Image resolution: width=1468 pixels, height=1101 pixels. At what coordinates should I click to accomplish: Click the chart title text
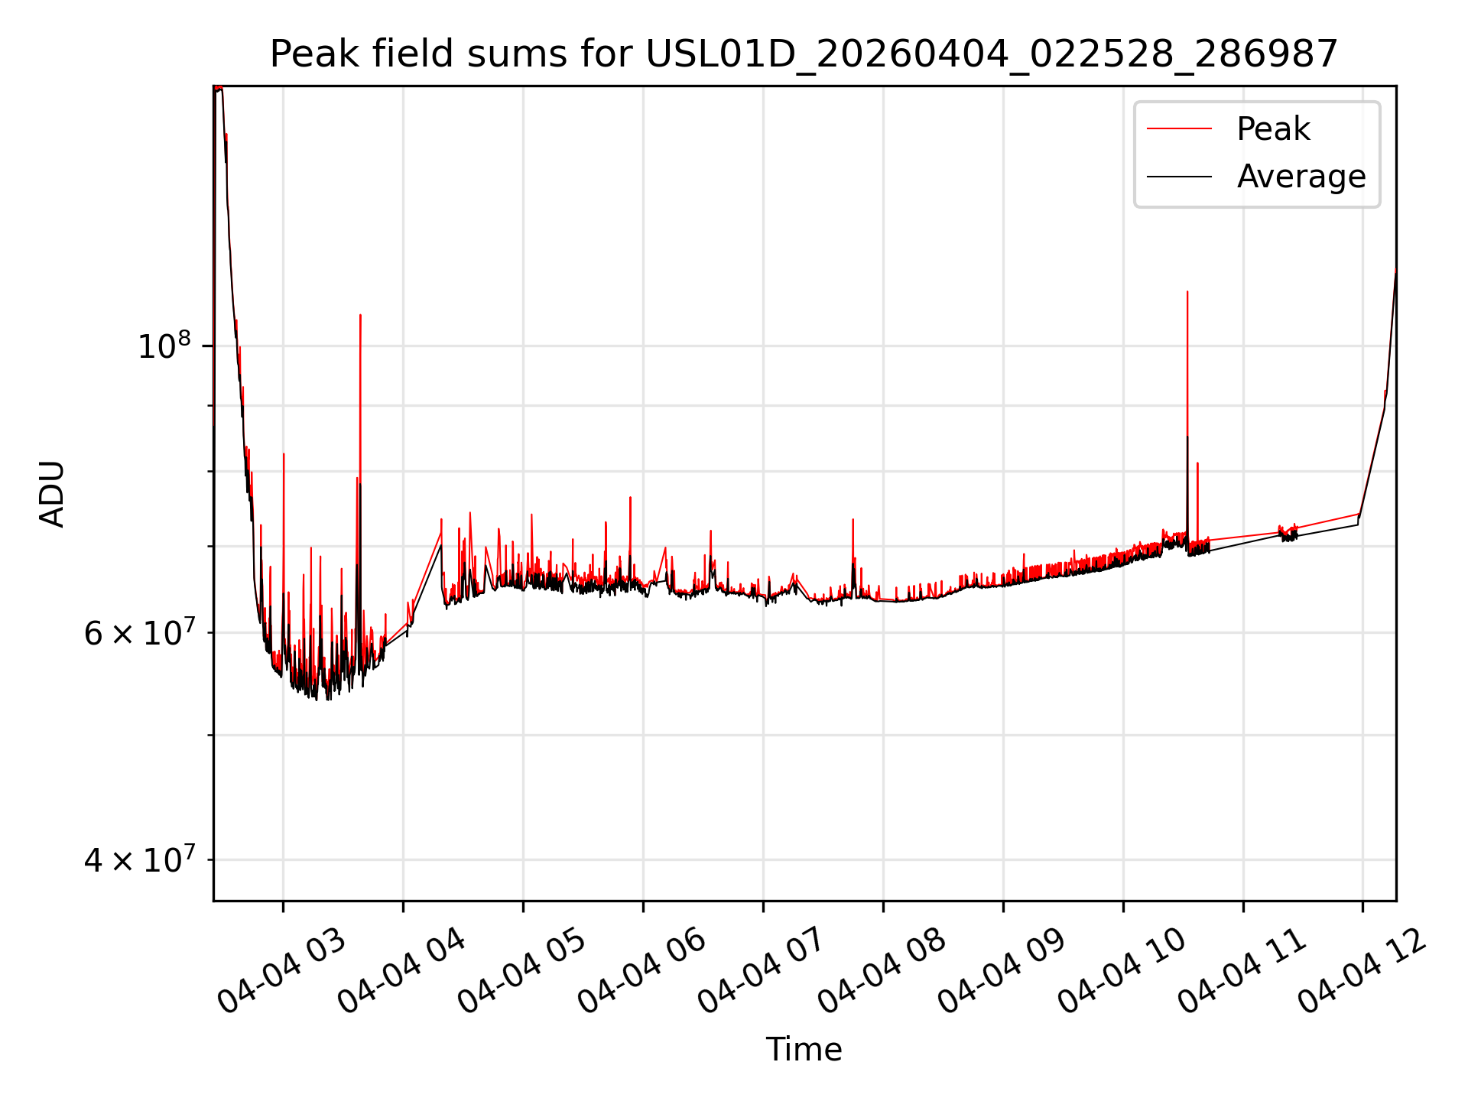click(x=804, y=54)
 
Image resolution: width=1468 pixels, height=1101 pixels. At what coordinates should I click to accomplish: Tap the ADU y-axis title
click(x=52, y=494)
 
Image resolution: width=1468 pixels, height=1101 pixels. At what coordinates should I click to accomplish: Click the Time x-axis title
click(x=804, y=1049)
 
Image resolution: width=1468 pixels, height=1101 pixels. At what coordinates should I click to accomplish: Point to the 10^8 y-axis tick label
click(x=163, y=346)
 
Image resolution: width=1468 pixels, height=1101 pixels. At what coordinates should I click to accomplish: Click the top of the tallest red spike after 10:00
click(x=1187, y=292)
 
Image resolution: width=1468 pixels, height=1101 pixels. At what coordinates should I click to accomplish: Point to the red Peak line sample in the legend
click(x=1180, y=129)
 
